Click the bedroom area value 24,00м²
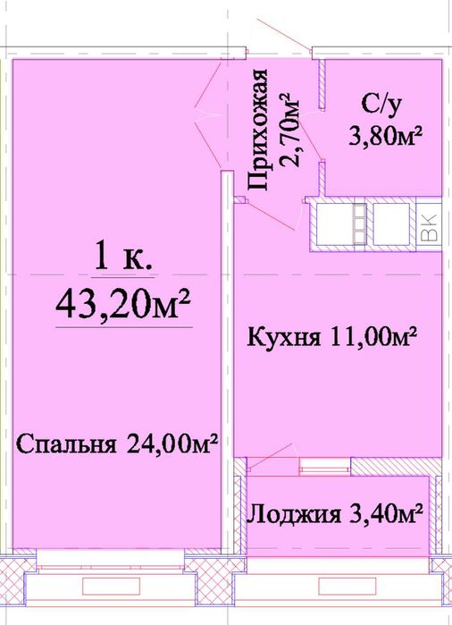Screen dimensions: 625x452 pos(170,444)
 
